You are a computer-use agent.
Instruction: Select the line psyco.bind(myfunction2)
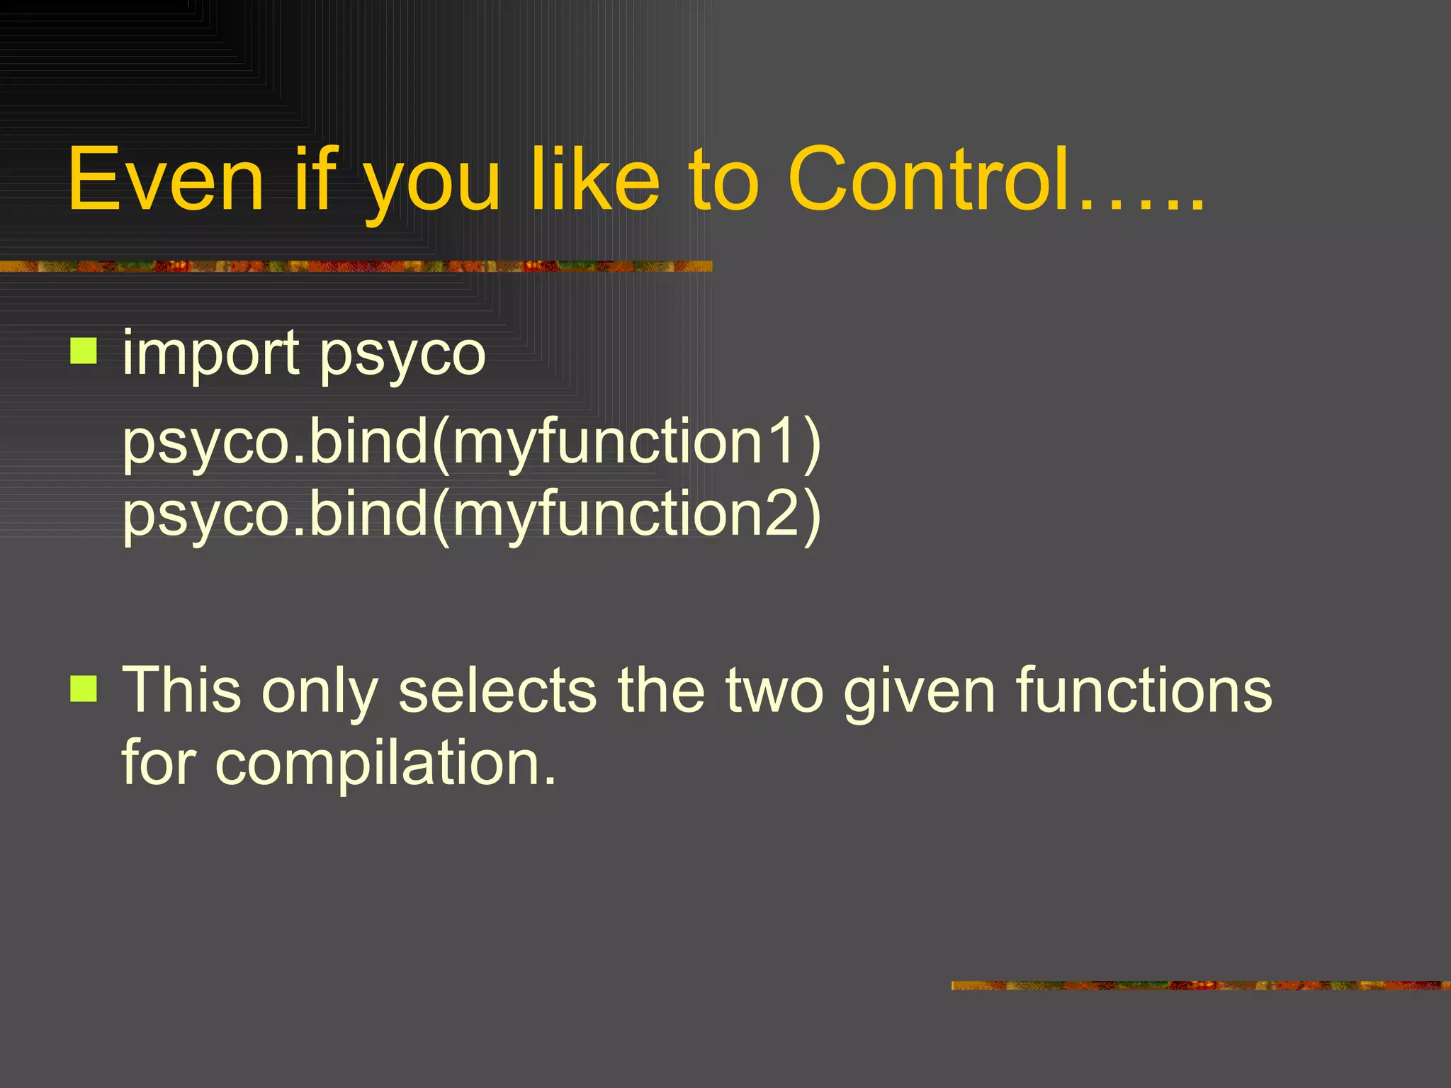pos(471,516)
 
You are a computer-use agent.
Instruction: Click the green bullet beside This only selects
pos(84,688)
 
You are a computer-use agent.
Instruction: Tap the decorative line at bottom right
pos(1200,985)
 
